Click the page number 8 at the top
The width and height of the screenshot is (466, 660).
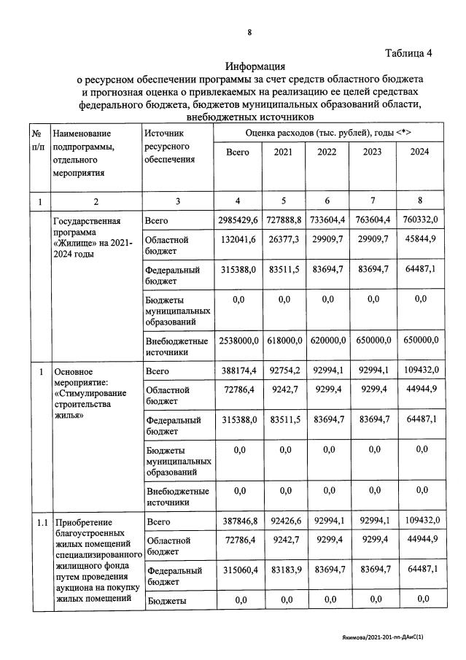(249, 33)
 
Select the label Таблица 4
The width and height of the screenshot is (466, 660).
(408, 53)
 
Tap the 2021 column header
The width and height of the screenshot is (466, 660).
(284, 152)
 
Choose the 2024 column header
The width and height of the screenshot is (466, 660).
(419, 152)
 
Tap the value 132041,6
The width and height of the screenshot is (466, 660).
(238, 240)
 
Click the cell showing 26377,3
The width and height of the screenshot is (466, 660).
(284, 240)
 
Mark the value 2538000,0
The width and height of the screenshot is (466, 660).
(238, 340)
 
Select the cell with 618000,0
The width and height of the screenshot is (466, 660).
(284, 340)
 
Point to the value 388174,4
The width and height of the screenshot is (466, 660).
(238, 370)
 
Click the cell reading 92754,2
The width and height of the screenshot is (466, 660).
(284, 370)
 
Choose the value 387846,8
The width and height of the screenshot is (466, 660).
(238, 522)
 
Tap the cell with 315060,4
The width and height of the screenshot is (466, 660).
(238, 570)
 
